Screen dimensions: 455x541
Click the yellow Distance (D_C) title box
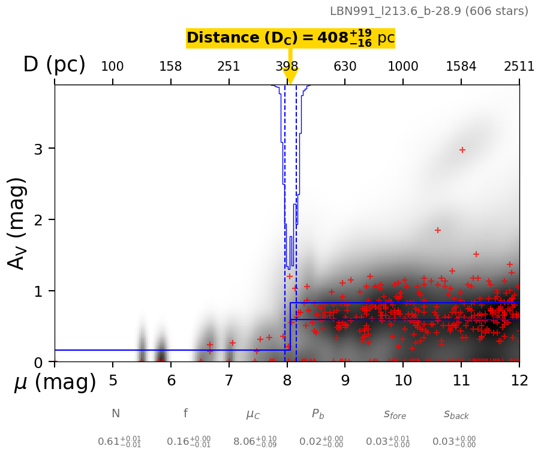coord(290,38)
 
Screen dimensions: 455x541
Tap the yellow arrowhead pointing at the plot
coord(290,76)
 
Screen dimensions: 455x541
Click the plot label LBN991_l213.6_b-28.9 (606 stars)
coord(429,11)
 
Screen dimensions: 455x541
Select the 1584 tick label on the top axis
coord(461,67)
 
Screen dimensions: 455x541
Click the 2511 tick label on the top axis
coord(519,67)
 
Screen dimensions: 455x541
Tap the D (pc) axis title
coord(54,65)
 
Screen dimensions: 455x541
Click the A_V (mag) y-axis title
coord(17,223)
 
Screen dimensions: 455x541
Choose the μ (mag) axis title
coord(55,382)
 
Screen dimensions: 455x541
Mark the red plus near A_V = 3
coord(462,150)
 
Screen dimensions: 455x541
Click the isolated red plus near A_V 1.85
coord(438,230)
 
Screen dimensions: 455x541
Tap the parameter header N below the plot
coord(116,414)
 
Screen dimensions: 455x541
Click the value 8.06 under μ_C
coord(245,442)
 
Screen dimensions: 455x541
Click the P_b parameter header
coord(318,414)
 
